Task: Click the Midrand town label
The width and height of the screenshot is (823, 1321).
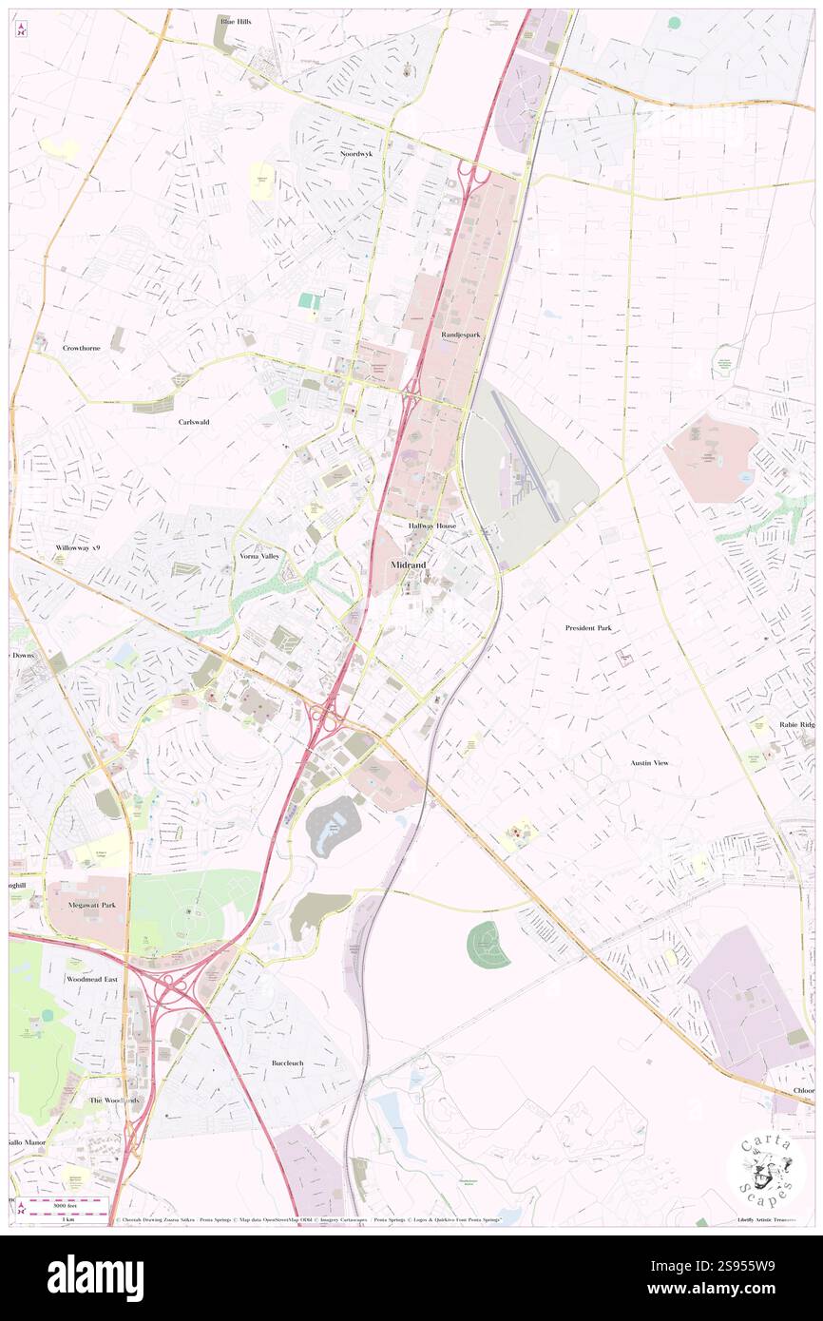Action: (x=409, y=565)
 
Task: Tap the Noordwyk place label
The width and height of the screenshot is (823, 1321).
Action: (x=357, y=153)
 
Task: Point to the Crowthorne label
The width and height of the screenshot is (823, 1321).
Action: (x=83, y=349)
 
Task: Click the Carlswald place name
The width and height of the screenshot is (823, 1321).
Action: (x=193, y=421)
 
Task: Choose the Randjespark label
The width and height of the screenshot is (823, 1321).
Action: (x=461, y=335)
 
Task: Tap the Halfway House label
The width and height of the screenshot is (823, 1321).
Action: (x=432, y=526)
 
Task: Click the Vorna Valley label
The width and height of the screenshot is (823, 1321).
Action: (x=259, y=555)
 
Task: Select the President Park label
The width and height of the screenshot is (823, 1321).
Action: (x=589, y=628)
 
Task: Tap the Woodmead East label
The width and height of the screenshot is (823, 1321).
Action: (x=92, y=978)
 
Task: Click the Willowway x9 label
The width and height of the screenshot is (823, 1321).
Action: (x=77, y=548)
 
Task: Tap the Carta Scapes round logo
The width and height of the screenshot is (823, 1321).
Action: (x=766, y=1171)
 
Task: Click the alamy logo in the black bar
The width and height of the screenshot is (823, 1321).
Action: (x=95, y=1277)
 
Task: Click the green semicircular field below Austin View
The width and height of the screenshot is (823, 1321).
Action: (x=488, y=945)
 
